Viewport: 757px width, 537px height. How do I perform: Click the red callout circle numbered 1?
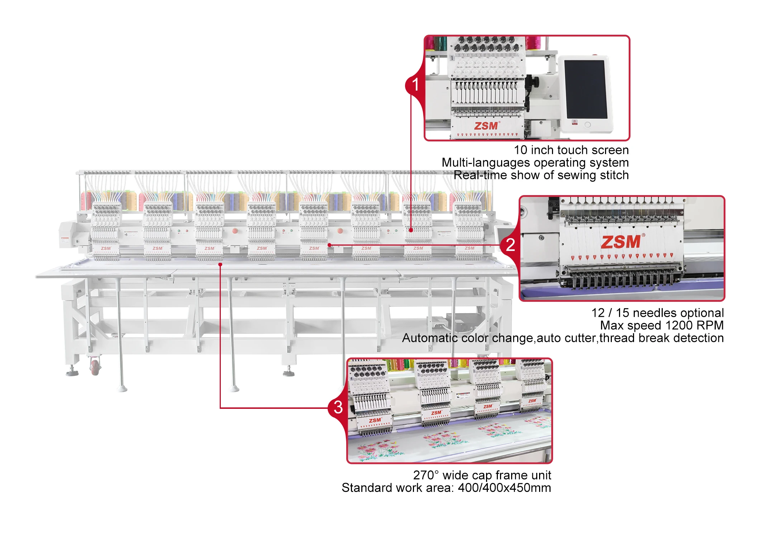[x=415, y=85]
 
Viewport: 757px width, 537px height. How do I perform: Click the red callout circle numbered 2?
[x=510, y=245]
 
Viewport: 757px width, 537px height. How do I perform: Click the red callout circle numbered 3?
[x=338, y=407]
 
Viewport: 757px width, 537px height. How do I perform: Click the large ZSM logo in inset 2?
[x=621, y=242]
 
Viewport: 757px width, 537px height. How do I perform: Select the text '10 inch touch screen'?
[x=571, y=150]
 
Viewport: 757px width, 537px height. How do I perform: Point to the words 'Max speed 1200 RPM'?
[x=662, y=325]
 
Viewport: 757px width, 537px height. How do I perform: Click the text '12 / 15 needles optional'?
[x=657, y=313]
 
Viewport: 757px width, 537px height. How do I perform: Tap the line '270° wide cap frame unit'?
[x=482, y=475]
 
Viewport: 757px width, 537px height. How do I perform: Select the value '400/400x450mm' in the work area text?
[x=504, y=488]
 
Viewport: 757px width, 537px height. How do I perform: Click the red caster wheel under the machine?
[x=95, y=367]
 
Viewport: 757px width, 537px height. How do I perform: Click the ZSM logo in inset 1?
[x=486, y=126]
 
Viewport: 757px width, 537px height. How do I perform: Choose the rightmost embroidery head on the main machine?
[x=469, y=231]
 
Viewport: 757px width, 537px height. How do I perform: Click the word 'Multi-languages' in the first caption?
[x=473, y=163]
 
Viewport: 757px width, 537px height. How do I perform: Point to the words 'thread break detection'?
[x=662, y=338]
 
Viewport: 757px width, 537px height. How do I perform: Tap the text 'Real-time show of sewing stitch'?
[x=541, y=175]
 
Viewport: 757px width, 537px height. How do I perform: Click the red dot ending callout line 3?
[x=220, y=264]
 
